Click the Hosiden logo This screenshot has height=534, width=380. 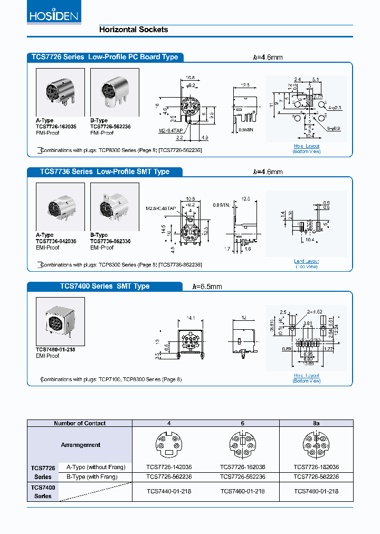coord(53,15)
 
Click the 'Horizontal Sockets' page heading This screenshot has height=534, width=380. coord(134,30)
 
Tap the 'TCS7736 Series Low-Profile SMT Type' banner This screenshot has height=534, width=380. coord(104,171)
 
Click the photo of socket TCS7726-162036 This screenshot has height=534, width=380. coord(60,92)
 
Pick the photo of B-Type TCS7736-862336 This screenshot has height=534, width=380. coord(115,207)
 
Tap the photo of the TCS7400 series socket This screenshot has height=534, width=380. coord(60,321)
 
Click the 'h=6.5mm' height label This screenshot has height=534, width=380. coord(207,287)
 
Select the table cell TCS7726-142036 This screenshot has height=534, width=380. coord(169,467)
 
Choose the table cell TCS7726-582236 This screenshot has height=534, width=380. coord(316,476)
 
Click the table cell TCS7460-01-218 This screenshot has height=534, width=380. coord(242,491)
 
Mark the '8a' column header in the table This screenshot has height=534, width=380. coord(316,423)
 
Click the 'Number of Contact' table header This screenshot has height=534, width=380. coord(80,423)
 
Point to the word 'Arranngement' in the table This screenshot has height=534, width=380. coord(80,445)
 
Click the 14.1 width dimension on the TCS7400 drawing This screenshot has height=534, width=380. coord(191,318)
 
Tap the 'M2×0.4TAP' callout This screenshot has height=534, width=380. coord(171,130)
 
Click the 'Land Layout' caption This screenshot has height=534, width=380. coord(306,261)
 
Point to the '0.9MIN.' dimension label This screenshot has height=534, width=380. coord(246,129)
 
